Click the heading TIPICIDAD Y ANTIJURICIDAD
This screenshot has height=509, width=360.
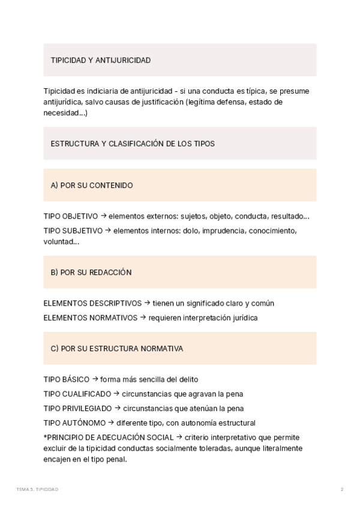click(x=100, y=60)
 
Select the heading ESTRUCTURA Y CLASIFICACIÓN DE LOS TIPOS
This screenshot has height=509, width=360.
click(x=133, y=143)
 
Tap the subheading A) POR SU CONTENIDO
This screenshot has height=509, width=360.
click(x=92, y=185)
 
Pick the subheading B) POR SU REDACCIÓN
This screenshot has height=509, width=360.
click(x=91, y=273)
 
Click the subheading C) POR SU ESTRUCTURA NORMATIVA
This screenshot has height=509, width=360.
click(x=117, y=349)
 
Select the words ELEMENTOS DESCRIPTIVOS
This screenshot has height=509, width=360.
click(x=92, y=304)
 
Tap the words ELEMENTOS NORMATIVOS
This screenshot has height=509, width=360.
click(x=90, y=318)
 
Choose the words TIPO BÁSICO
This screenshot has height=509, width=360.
click(x=66, y=380)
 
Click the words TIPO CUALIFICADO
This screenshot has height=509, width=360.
click(x=77, y=394)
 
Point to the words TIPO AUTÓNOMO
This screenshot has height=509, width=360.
click(x=74, y=423)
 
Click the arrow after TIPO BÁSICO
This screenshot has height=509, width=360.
click(x=95, y=379)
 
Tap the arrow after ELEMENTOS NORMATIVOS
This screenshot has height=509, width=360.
click(x=143, y=318)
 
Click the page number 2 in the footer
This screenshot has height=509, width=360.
click(x=341, y=490)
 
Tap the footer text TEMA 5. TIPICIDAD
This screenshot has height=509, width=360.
click(x=37, y=490)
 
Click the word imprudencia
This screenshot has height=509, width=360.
click(x=221, y=230)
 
